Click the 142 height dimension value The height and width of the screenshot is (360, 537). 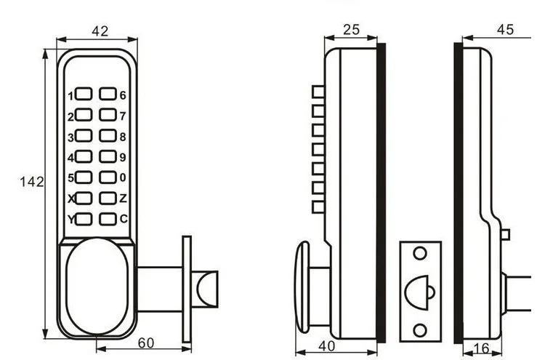[32, 182]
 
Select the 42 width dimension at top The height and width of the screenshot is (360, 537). [100, 31]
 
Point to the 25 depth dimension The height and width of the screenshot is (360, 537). [351, 30]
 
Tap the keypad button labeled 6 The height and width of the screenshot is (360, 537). [108, 95]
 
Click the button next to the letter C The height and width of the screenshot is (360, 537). [108, 219]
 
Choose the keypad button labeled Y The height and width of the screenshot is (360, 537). [84, 219]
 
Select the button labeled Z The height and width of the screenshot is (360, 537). [108, 198]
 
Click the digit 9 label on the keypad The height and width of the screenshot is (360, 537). [123, 156]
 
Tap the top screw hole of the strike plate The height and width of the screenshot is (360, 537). [419, 254]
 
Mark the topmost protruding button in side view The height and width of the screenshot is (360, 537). [317, 91]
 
